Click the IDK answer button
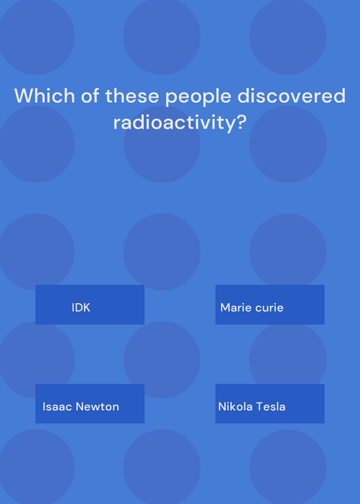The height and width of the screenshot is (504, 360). point(90,304)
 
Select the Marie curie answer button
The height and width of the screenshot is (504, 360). point(270,304)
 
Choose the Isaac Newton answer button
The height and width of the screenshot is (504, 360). point(90,403)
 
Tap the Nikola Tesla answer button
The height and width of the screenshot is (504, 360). point(270,403)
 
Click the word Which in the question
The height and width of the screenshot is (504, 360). point(44,96)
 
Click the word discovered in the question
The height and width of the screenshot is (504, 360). point(291,96)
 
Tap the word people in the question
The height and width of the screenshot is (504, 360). point(199,97)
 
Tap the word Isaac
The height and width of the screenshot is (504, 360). point(57,406)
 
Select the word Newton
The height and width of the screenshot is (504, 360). point(98,406)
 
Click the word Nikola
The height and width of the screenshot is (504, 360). point(236,406)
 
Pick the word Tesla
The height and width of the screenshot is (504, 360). point(271,406)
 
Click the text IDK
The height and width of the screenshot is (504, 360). point(81,307)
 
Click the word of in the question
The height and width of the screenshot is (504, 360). point(90,96)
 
